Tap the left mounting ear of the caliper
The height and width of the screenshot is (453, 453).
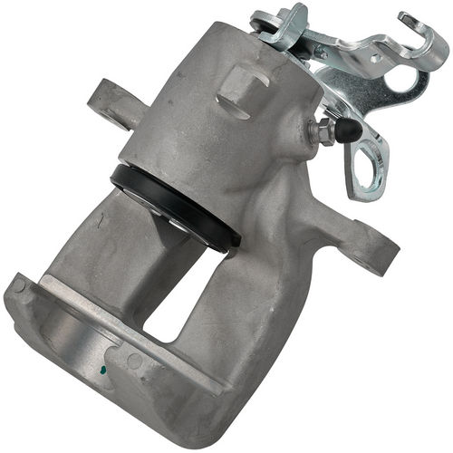click(x=110, y=101)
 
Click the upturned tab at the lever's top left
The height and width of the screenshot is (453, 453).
click(x=272, y=18)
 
